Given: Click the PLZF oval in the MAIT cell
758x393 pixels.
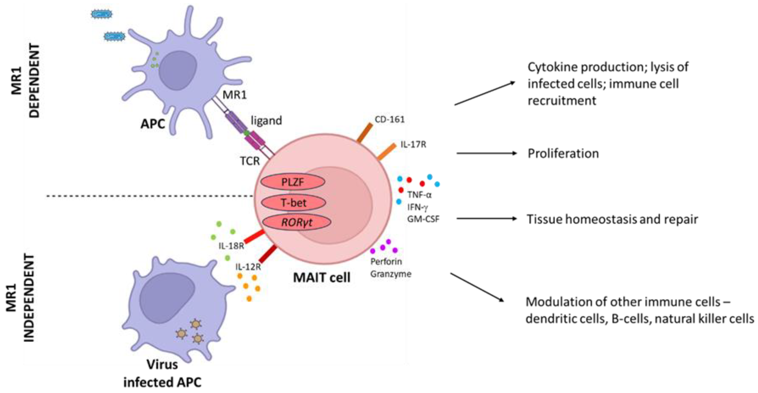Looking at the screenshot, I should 293,182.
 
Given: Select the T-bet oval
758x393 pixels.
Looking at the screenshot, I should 293,203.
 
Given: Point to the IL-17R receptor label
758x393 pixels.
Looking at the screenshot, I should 413,145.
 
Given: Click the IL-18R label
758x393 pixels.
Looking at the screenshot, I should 231,246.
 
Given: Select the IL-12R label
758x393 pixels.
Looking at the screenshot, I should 248,267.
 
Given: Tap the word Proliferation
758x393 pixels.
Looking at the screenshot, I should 563,154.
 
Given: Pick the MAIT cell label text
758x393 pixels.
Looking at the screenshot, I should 322,277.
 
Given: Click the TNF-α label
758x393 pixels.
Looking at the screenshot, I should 419,195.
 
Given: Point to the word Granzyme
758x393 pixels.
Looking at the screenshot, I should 391,274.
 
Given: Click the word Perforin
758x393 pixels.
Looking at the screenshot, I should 386,261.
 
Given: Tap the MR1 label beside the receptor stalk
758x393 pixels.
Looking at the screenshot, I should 235,95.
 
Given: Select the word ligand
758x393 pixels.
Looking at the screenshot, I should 266,120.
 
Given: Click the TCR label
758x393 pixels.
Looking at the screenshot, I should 250,161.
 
